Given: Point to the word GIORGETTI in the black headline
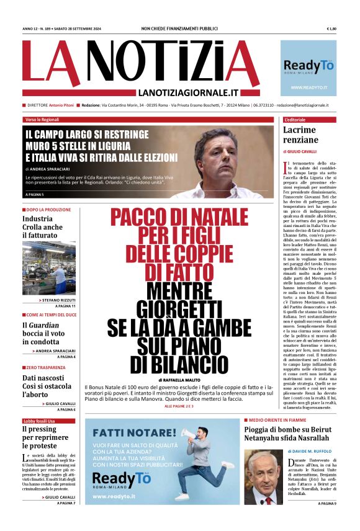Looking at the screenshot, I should [179, 308].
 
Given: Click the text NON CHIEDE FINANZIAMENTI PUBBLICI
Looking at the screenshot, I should [179, 29].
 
